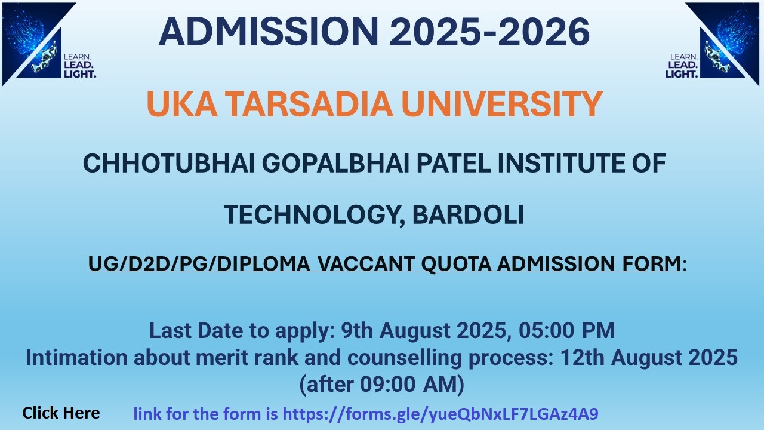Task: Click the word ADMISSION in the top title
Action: click(269, 32)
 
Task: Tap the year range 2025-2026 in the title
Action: click(490, 32)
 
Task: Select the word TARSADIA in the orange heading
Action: click(309, 104)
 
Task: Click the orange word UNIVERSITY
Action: click(502, 104)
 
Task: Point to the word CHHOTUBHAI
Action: click(169, 163)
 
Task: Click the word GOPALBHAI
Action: click(335, 163)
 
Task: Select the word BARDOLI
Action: click(468, 214)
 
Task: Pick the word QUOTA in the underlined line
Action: click(457, 264)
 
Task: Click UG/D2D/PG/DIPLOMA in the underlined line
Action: click(199, 263)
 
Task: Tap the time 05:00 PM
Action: click(566, 330)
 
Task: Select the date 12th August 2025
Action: click(649, 357)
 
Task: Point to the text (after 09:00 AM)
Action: click(381, 384)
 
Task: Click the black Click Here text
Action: click(61, 413)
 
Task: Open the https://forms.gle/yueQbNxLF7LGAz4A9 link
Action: click(440, 414)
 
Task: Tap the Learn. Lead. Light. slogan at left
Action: click(80, 66)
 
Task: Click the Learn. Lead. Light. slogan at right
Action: click(682, 66)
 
